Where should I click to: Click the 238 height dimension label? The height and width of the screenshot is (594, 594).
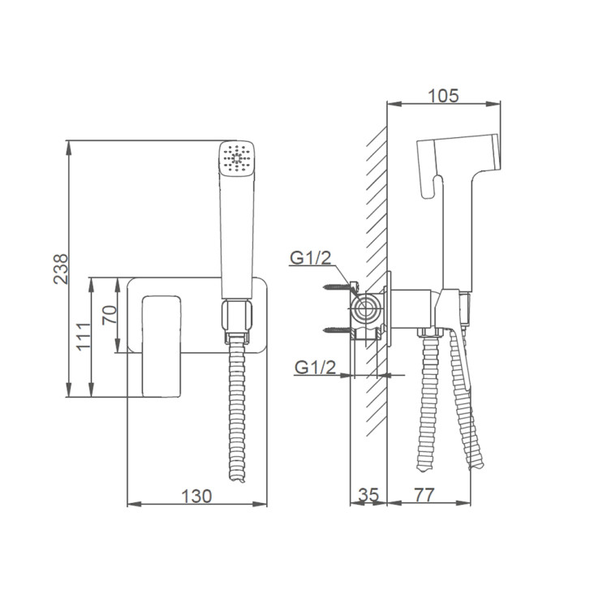pos(61,269)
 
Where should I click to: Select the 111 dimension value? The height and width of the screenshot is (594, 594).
pos(84,337)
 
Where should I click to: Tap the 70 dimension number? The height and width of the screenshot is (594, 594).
pos(110,315)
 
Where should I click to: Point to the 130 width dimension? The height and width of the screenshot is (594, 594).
pos(196,497)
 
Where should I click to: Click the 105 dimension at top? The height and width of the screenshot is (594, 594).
pos(443,96)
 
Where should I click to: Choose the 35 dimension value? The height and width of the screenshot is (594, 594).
pos(368,495)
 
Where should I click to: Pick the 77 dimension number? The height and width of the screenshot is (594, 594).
pos(424,495)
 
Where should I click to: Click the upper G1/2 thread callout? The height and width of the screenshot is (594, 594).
pos(310,258)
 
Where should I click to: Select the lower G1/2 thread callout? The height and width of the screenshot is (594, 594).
pos(315,368)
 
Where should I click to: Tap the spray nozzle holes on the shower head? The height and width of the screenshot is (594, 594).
pos(237,157)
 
